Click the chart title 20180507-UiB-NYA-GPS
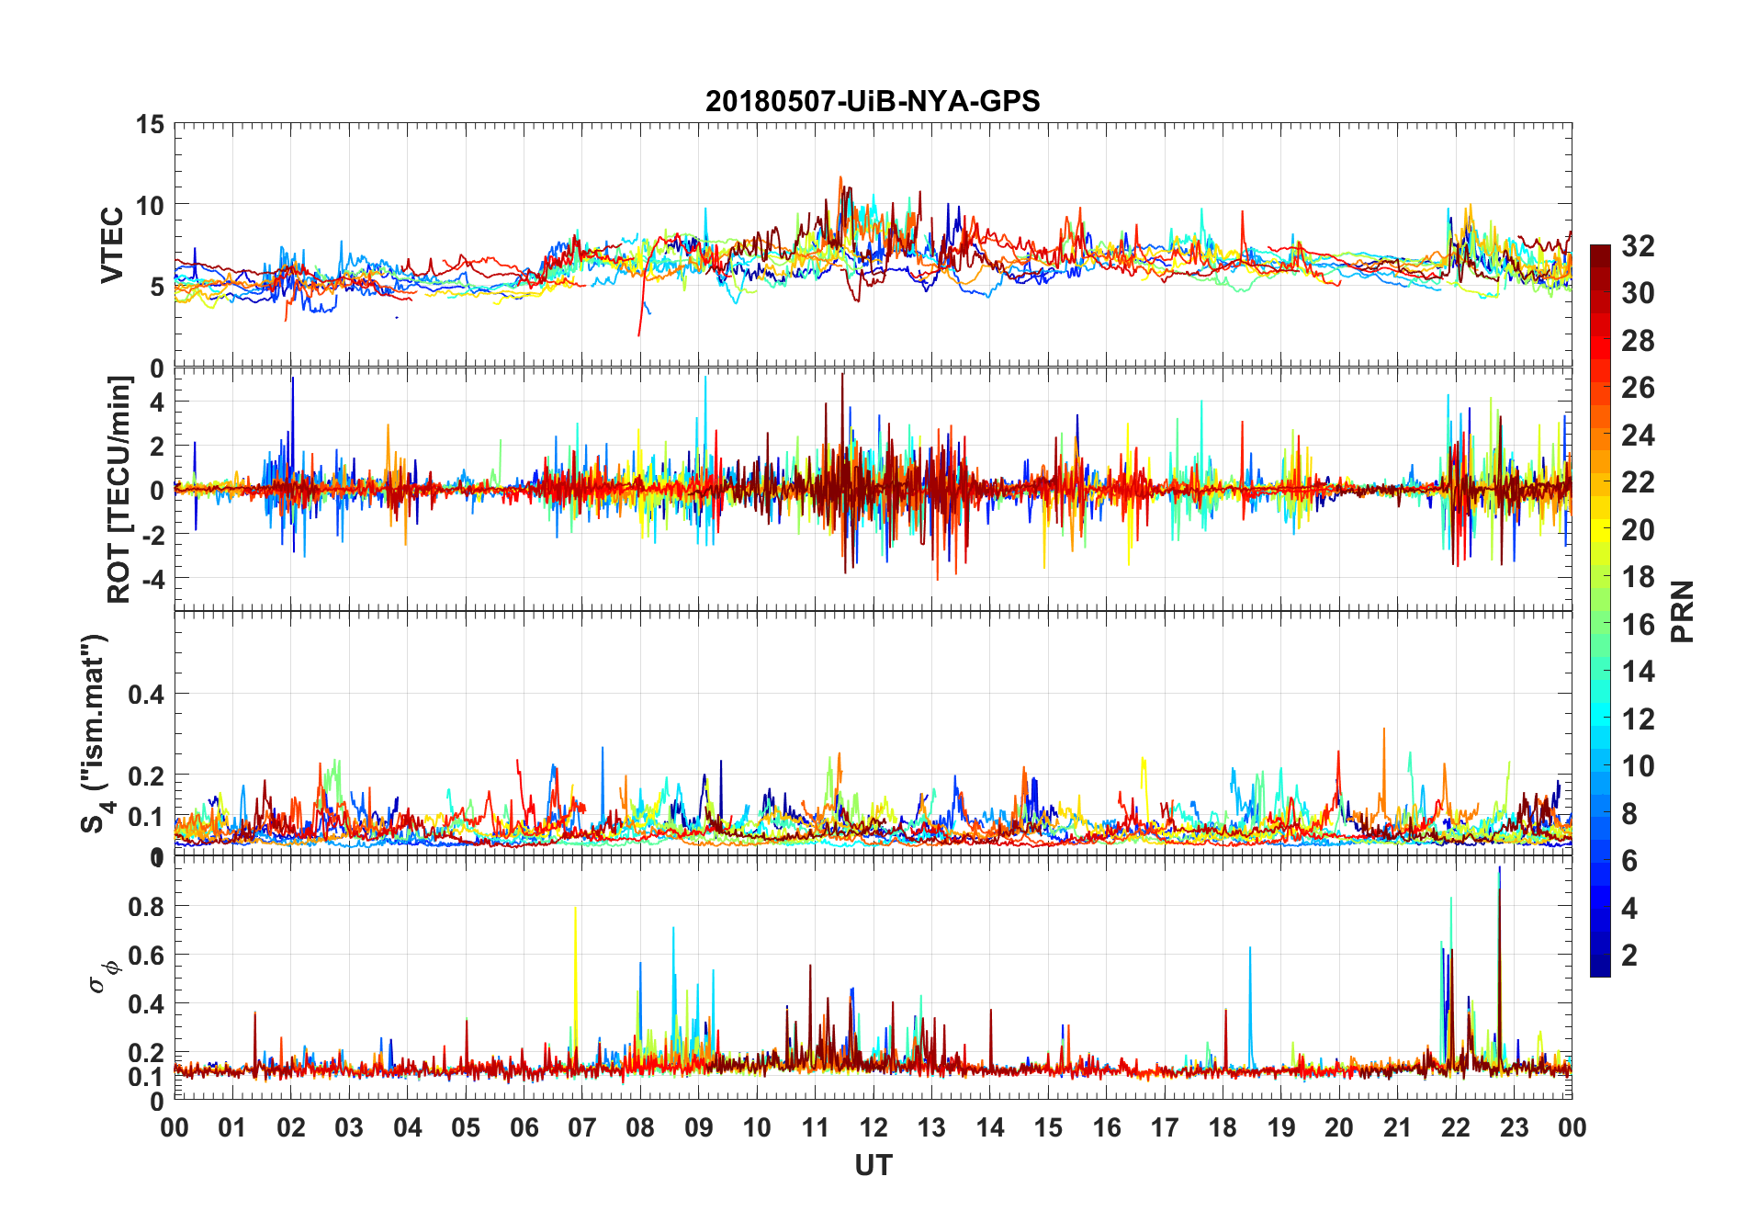[873, 101]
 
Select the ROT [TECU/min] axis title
[119, 489]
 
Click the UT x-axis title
[873, 1165]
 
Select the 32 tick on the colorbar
[1638, 245]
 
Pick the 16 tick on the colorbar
[1638, 624]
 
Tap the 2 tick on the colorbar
[1629, 955]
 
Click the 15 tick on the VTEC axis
[150, 124]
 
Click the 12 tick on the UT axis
[873, 1127]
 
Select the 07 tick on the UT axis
[582, 1127]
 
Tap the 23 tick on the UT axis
[1514, 1127]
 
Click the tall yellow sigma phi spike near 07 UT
[575, 919]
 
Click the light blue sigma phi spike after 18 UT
[1250, 956]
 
